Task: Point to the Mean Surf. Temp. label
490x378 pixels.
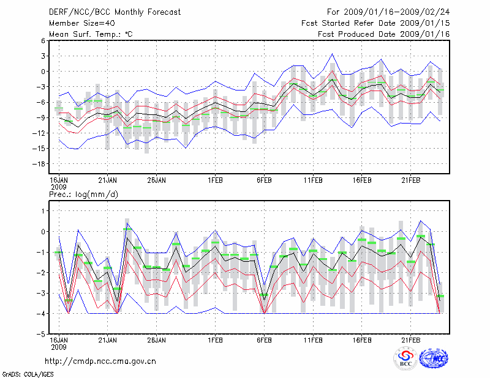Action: (x=91, y=34)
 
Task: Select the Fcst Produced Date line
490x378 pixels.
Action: (x=384, y=34)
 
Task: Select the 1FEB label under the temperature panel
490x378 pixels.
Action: (x=215, y=180)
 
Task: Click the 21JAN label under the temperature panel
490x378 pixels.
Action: (x=108, y=180)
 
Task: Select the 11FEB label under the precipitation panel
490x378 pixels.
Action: (x=313, y=338)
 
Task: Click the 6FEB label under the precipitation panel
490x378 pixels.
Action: (x=264, y=338)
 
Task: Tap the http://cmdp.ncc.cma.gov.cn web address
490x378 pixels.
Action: (x=100, y=361)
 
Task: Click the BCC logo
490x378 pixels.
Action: (x=405, y=360)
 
